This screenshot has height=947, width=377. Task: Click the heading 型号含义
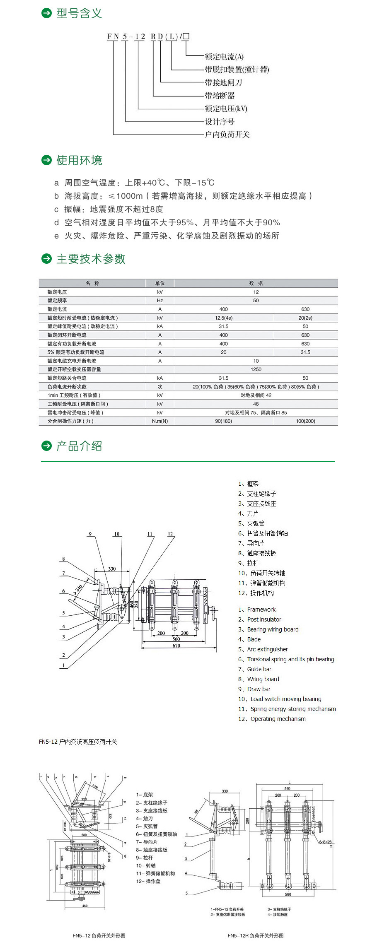[79, 14]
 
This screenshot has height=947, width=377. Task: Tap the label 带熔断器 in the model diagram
[220, 96]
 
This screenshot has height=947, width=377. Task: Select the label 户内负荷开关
[227, 134]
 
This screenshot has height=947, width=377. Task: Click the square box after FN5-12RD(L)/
[186, 36]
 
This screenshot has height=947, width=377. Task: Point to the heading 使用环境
[79, 160]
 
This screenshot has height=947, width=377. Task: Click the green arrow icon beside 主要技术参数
[46, 259]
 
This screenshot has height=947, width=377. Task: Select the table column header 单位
[160, 283]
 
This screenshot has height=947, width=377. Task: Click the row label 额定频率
[57, 301]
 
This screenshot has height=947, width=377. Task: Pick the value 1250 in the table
[256, 369]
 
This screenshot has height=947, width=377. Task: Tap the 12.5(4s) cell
[224, 318]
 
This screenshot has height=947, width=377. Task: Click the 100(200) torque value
[305, 421]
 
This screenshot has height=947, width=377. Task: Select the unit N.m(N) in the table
[160, 421]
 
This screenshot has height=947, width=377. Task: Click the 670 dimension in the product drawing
[176, 646]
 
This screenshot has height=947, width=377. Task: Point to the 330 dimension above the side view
[112, 569]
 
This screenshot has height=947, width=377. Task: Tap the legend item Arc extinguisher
[267, 649]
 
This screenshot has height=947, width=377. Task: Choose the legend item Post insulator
[264, 619]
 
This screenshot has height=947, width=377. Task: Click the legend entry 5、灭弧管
[251, 523]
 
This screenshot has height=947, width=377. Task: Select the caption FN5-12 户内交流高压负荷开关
[78, 742]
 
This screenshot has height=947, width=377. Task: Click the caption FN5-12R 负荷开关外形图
[256, 935]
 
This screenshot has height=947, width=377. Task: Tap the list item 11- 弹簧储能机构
[155, 873]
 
